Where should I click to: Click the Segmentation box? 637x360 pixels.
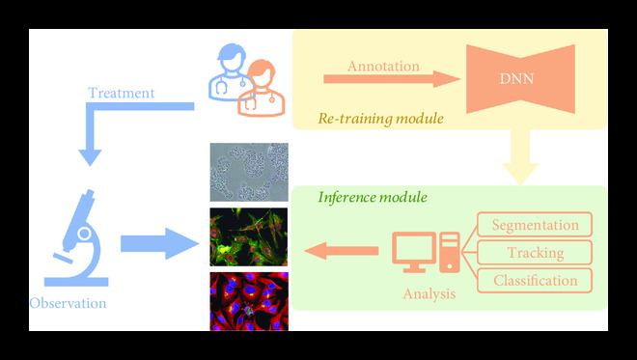(x=535, y=225)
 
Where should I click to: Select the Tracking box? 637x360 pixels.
(x=535, y=253)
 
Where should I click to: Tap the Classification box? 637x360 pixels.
(x=535, y=281)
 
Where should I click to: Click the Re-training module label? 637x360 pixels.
(x=380, y=120)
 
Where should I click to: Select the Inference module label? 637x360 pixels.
(x=373, y=197)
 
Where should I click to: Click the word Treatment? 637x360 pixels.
(x=121, y=94)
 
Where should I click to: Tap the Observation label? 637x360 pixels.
(x=68, y=303)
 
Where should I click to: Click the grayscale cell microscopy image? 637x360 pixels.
(x=249, y=173)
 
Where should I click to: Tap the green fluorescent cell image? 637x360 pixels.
(x=249, y=236)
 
